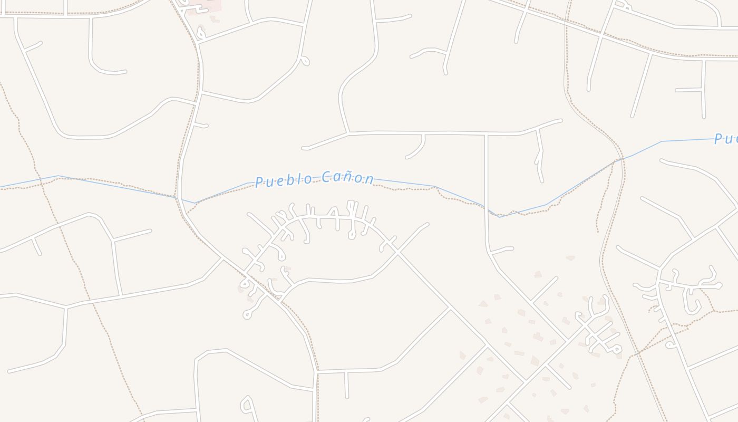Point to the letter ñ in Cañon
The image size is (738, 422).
point(348,177)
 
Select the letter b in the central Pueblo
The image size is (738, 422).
point(285,180)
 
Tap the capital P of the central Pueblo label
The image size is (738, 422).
point(259,183)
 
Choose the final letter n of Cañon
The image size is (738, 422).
point(371,179)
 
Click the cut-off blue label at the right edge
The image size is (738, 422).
point(726,139)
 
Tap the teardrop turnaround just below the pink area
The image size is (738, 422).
point(200,33)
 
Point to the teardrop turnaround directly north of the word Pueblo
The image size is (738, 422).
point(304,61)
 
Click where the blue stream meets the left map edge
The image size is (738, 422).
point(1,187)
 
